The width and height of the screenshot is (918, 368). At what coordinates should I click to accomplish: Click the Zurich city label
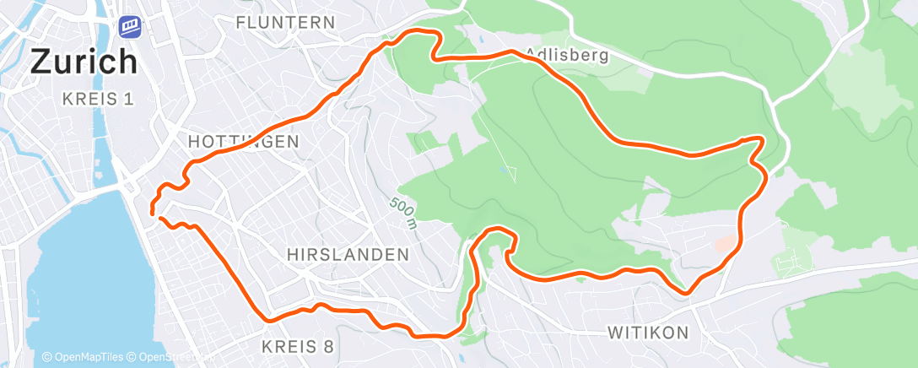84,62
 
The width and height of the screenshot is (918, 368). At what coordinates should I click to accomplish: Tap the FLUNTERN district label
285,22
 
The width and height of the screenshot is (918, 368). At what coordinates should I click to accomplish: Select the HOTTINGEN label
245,142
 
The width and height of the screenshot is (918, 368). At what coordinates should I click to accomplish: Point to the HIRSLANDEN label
348,254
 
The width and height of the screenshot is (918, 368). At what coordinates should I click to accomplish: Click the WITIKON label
648,333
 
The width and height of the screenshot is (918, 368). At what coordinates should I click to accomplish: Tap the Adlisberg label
566,55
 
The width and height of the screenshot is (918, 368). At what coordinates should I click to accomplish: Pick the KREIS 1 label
98,100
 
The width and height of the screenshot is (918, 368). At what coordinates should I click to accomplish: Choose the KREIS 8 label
298,346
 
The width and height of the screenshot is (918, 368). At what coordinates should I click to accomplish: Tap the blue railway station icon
130,26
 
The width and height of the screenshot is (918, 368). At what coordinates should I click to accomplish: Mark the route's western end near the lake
154,213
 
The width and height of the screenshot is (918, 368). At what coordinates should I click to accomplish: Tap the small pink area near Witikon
725,244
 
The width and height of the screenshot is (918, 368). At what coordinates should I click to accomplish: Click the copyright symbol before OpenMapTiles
47,357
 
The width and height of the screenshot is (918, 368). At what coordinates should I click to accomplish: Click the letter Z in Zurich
42,62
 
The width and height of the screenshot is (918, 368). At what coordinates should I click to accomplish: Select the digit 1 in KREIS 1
129,100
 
